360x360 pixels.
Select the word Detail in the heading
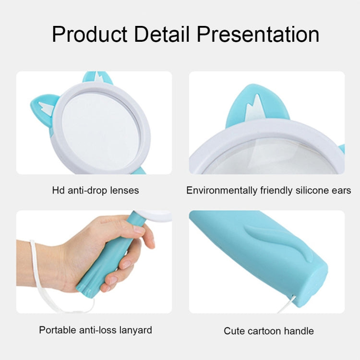(165, 35)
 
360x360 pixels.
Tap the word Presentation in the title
(259, 35)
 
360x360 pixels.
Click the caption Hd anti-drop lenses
(95, 191)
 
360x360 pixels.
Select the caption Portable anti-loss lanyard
(95, 330)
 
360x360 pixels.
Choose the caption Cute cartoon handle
(268, 331)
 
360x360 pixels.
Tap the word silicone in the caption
(306, 191)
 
